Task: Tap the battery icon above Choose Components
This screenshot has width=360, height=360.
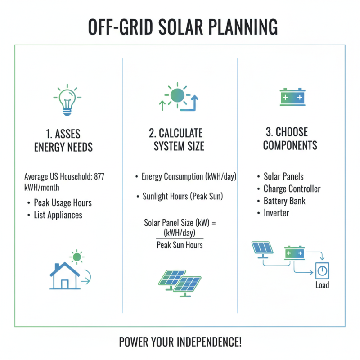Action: click(292, 97)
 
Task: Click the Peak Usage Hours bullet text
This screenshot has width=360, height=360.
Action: click(63, 203)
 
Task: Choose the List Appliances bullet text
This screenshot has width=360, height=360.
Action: click(58, 215)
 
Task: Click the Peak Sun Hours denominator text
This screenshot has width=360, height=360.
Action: click(180, 245)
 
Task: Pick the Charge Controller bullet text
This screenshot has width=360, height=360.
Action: click(292, 189)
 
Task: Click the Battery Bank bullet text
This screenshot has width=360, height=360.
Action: click(284, 201)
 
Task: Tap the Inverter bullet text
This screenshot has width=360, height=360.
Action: click(276, 213)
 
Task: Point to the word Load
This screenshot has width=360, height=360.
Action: click(322, 285)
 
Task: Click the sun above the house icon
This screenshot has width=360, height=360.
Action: click(77, 257)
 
